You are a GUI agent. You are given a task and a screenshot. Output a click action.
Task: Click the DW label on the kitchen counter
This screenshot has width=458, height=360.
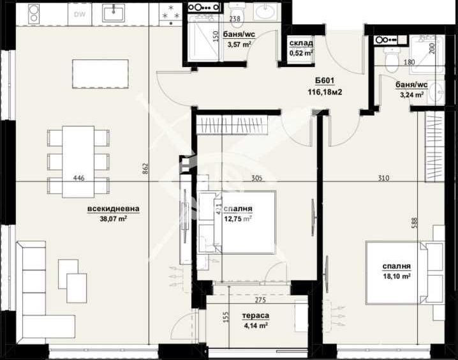point(79,13)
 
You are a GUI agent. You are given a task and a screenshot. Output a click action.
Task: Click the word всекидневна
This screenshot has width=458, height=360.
point(114,208)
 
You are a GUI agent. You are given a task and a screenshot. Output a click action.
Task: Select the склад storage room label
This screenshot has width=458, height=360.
point(300,43)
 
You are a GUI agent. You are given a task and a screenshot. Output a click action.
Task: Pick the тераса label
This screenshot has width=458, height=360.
point(255,315)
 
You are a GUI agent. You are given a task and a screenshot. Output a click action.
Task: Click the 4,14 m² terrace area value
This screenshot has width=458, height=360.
point(255,325)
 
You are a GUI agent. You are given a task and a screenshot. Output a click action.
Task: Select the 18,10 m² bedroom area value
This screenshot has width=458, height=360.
point(396,276)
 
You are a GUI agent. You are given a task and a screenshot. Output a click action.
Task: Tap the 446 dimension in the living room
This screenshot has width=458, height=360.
point(79,179)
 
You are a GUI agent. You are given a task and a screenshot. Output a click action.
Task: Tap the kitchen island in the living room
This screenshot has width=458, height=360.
point(96,73)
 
